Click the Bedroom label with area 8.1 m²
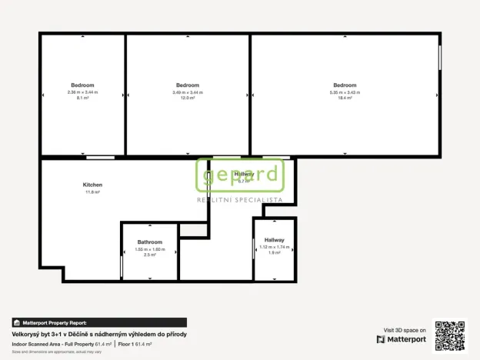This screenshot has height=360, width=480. [x=82, y=85]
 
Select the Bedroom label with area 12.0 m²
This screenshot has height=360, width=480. [x=188, y=85]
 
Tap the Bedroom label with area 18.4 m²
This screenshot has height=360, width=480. [x=345, y=85]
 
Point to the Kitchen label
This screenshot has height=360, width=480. [x=92, y=185]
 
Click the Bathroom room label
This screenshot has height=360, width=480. [x=149, y=242]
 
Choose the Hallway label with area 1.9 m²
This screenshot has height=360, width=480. [x=274, y=240]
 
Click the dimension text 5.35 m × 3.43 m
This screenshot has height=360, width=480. [x=345, y=92]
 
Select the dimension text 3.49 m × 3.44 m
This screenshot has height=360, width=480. [x=188, y=92]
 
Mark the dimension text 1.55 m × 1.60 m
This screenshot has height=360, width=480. [x=149, y=249]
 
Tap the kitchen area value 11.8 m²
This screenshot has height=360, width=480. [x=92, y=192]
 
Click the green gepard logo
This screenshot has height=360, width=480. [x=241, y=175]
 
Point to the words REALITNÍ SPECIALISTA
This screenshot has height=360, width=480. [x=240, y=200]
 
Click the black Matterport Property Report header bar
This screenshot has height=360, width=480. [x=99, y=323]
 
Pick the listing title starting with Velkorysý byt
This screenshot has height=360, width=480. [x=99, y=334]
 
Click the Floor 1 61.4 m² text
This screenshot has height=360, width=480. [x=135, y=343]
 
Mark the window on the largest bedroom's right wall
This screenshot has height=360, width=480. [x=440, y=58]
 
